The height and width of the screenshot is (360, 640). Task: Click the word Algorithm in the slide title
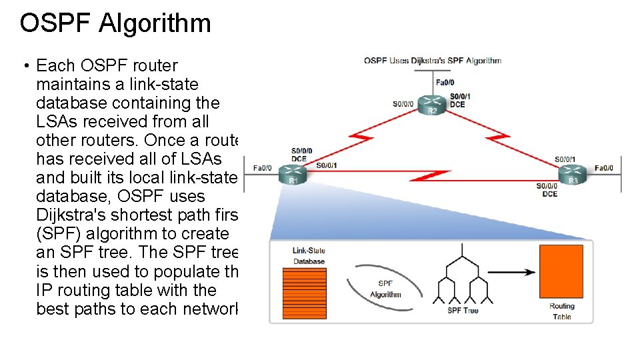click(x=155, y=23)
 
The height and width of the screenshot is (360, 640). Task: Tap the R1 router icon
click(x=293, y=174)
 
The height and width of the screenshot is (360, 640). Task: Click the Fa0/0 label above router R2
click(x=445, y=83)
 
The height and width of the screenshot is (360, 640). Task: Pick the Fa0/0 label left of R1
click(x=263, y=168)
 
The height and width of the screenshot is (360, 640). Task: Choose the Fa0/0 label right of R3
click(x=608, y=168)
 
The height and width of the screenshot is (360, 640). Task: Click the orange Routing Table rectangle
click(x=561, y=271)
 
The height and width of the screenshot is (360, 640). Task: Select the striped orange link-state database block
click(x=305, y=293)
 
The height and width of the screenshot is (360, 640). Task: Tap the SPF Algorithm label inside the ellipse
click(x=385, y=289)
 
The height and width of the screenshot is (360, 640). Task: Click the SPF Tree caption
click(x=463, y=311)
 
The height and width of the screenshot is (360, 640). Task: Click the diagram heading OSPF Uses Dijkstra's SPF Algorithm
click(x=432, y=61)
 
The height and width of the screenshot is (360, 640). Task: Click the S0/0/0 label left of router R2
click(x=403, y=104)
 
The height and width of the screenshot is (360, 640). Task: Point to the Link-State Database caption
click(x=309, y=256)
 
